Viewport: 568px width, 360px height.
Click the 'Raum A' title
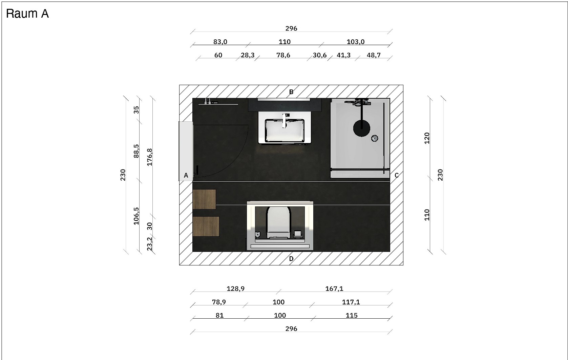(x=27, y=14)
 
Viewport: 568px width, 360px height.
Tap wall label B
(x=291, y=92)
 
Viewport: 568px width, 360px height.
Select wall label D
(x=291, y=259)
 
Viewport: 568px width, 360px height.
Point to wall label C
(x=397, y=175)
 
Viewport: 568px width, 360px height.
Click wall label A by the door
(x=186, y=175)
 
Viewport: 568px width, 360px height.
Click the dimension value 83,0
(x=220, y=42)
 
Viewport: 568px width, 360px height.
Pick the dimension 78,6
(x=283, y=55)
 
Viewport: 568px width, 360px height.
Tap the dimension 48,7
(x=374, y=55)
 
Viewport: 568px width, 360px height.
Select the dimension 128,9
(x=235, y=289)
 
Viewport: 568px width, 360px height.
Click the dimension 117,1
(x=351, y=302)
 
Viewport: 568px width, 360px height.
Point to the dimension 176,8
(x=150, y=157)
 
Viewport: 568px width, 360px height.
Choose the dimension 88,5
(x=136, y=151)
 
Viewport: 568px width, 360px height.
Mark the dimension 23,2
(x=150, y=243)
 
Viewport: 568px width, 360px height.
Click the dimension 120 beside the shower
(x=427, y=138)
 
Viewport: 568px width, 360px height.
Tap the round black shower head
(x=362, y=128)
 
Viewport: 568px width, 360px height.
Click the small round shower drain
(x=375, y=138)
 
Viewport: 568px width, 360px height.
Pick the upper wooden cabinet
(x=204, y=199)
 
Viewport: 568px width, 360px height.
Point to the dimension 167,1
(x=334, y=289)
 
